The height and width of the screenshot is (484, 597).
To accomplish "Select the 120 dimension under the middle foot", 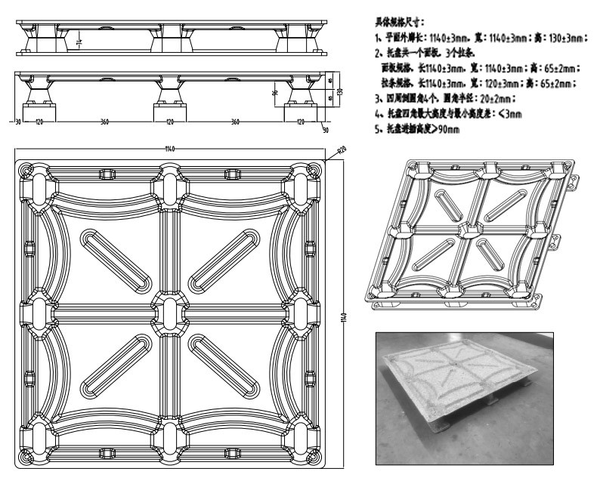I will pos(169,121).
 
